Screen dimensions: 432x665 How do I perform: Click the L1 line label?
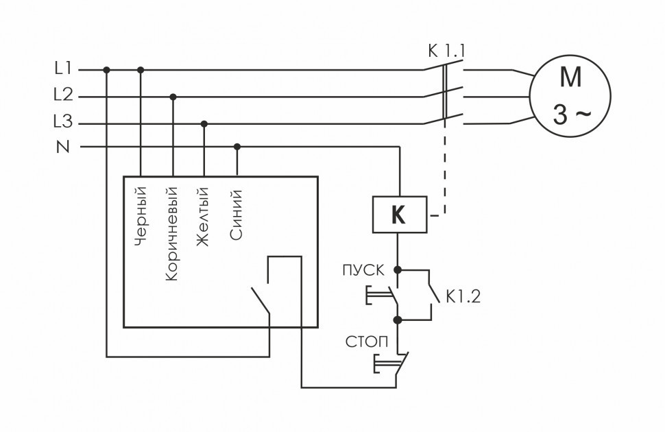point(62,69)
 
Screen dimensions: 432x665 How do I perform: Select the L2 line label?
point(62,95)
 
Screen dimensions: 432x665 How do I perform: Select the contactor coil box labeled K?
point(398,215)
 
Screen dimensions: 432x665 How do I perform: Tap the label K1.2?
point(465,297)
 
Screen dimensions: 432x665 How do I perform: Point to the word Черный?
point(142,215)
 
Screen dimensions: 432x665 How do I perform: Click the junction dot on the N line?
point(237,146)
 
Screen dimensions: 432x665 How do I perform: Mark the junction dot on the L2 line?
point(173,97)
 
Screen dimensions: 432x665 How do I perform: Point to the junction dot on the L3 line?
point(204,123)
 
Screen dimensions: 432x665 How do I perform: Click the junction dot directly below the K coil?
point(398,270)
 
